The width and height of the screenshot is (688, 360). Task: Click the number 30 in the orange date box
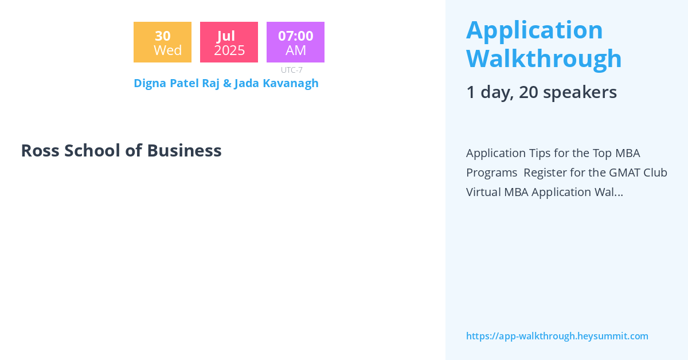pyautogui.click(x=162, y=36)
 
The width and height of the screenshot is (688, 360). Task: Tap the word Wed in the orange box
pyautogui.click(x=167, y=50)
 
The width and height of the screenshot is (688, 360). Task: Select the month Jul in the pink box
pyautogui.click(x=226, y=36)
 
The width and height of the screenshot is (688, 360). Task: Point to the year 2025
pyautogui.click(x=229, y=50)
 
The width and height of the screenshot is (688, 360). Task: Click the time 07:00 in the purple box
pyautogui.click(x=295, y=36)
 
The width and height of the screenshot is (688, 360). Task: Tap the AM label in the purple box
pyautogui.click(x=296, y=50)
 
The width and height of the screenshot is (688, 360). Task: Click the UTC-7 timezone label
pyautogui.click(x=292, y=70)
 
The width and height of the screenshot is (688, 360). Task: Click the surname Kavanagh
pyautogui.click(x=291, y=83)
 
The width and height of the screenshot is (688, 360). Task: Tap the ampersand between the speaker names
pyautogui.click(x=227, y=83)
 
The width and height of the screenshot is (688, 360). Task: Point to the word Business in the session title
pyautogui.click(x=184, y=150)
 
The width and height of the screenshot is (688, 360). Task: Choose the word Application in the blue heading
pyautogui.click(x=534, y=30)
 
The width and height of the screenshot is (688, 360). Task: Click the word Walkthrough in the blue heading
pyautogui.click(x=544, y=58)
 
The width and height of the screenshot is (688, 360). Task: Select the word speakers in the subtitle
pyautogui.click(x=585, y=92)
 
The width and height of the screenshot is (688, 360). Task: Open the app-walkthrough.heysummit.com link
pyautogui.click(x=557, y=336)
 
